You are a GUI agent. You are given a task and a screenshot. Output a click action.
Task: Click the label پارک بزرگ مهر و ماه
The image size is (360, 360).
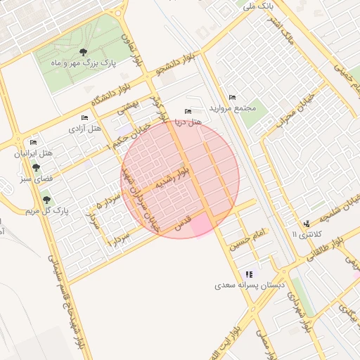pos(83,63)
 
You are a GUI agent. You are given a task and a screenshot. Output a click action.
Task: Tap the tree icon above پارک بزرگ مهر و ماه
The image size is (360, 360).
pos(84,52)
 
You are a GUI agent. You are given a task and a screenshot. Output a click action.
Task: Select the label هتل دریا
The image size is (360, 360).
pos(188,122)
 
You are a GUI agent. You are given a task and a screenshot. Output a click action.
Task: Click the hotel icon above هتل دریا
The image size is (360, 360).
pos(187,111)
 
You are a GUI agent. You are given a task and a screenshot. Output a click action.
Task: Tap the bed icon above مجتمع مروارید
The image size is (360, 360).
pos(233,97)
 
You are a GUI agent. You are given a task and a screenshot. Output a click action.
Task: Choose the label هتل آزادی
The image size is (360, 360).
pos(85,129)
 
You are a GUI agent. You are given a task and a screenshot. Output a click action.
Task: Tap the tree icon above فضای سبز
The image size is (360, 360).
pos(36,167)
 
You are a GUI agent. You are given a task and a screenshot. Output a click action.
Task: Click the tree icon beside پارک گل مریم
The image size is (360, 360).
pos(46,200)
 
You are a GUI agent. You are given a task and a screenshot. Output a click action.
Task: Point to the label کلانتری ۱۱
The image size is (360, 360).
pos(304,233)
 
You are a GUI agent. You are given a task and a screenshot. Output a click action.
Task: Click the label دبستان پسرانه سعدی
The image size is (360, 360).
pos(250,286)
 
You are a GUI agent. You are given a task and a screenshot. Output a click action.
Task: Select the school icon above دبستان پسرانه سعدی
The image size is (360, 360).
pos(249,274)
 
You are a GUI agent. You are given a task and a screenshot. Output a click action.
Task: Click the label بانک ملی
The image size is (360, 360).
pos(257,6)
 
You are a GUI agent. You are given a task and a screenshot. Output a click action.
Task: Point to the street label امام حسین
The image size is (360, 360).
pos(249,239)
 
